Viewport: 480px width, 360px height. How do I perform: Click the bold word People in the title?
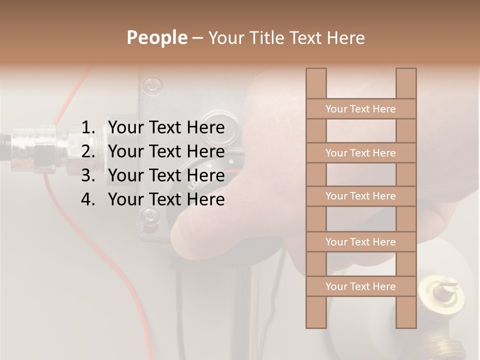156,37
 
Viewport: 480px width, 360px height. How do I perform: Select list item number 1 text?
166,128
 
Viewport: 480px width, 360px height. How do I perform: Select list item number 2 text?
166,151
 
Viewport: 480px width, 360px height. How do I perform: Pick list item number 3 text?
166,175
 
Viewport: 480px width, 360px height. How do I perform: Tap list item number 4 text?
166,199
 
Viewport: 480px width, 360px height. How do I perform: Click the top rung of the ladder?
360,109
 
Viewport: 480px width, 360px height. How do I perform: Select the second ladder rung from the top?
360,153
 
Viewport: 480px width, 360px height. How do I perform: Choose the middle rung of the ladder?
360,196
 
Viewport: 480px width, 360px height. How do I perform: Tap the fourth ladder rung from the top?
360,242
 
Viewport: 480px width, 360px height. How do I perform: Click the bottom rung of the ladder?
360,286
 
